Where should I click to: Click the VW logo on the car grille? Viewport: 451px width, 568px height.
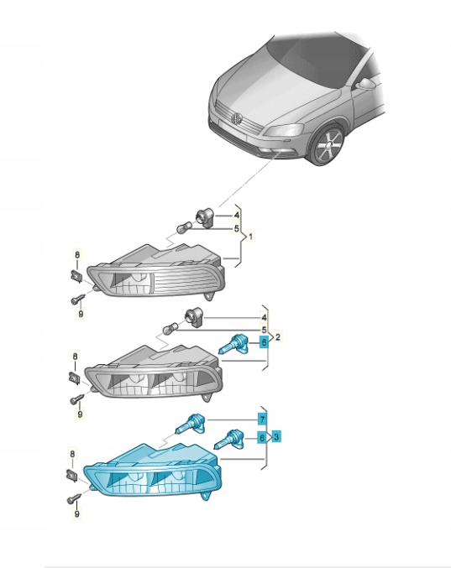tap(237, 119)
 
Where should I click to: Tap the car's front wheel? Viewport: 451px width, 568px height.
tap(328, 146)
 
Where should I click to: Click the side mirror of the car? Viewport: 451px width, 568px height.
tap(366, 84)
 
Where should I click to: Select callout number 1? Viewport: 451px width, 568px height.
tap(249, 237)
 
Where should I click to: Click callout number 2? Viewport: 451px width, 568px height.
tap(278, 337)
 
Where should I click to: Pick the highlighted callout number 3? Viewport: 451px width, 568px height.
tap(276, 436)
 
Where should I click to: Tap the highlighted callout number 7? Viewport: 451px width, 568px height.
tap(262, 419)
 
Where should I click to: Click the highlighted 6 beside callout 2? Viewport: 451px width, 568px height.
tap(264, 342)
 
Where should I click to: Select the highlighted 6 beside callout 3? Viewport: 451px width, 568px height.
tap(262, 438)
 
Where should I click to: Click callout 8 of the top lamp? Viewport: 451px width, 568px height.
tap(77, 255)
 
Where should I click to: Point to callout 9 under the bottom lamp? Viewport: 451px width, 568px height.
tap(76, 513)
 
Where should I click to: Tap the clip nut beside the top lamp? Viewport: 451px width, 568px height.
tap(76, 277)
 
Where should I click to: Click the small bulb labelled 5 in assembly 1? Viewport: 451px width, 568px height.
tap(183, 228)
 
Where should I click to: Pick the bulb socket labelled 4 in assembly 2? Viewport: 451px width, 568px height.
tap(195, 318)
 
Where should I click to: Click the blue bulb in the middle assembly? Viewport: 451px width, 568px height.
tap(233, 344)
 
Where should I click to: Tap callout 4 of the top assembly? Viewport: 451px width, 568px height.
tap(236, 215)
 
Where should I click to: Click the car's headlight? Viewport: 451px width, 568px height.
tap(284, 130)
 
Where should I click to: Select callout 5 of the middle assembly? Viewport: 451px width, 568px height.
tap(264, 330)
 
